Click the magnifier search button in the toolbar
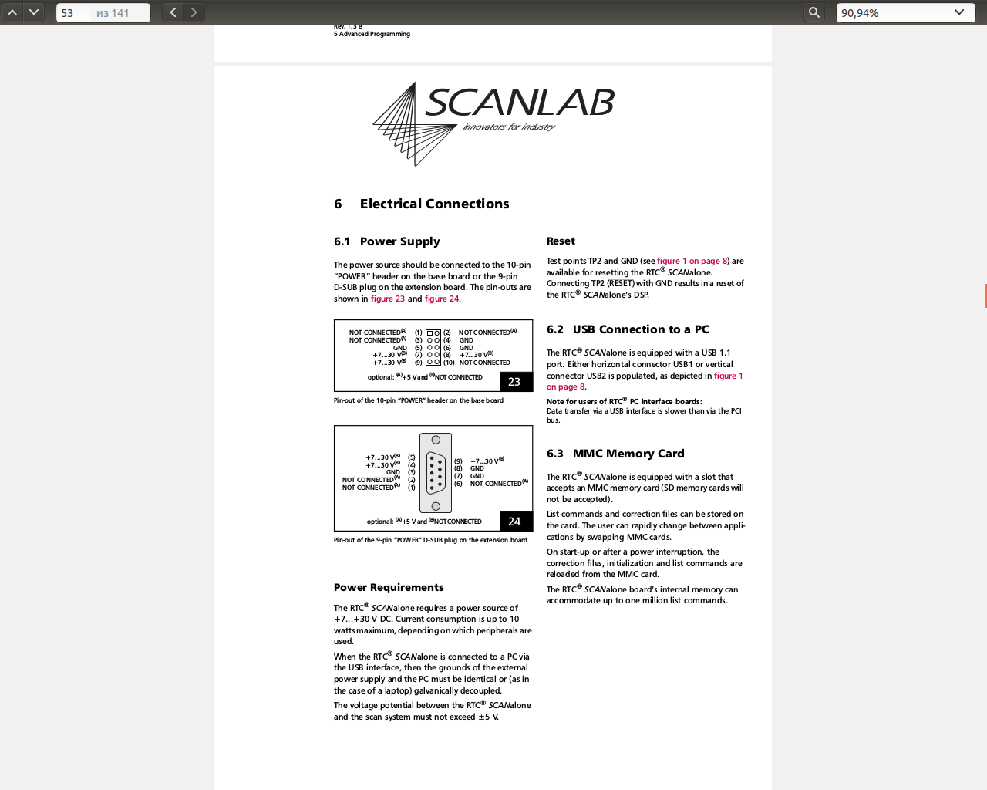(814, 12)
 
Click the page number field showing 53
(73, 13)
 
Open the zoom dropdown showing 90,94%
(901, 13)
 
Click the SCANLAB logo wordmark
(520, 103)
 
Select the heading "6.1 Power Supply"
(387, 241)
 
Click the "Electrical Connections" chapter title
(434, 204)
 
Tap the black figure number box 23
(514, 382)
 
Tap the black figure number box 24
(514, 522)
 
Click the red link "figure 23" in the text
(388, 299)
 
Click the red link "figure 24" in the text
(442, 299)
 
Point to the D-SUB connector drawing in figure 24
(436, 473)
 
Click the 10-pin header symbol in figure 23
(433, 347)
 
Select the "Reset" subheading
(561, 241)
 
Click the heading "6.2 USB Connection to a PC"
(628, 329)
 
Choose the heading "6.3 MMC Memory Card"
(615, 454)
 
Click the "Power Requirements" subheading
(389, 587)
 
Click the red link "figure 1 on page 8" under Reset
(692, 261)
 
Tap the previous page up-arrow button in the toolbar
(12, 12)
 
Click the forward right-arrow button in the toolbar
(194, 12)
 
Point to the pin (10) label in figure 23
(449, 363)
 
